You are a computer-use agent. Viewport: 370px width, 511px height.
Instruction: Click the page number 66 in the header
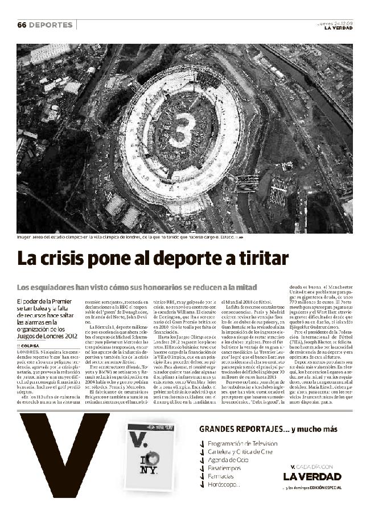coord(22,25)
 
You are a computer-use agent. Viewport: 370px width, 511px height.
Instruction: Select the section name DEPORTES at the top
coord(51,25)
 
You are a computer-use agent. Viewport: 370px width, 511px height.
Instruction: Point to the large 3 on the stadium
coord(182,130)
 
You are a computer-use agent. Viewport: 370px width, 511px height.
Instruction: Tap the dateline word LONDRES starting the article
coord(28,352)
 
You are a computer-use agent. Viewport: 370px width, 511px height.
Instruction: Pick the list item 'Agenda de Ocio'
coord(230,460)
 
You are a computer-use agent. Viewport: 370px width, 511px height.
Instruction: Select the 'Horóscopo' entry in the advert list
coord(224,485)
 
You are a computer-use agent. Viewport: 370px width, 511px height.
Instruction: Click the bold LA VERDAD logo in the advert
coord(313,476)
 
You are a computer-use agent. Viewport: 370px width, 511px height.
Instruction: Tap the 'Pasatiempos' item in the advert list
coord(225,468)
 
